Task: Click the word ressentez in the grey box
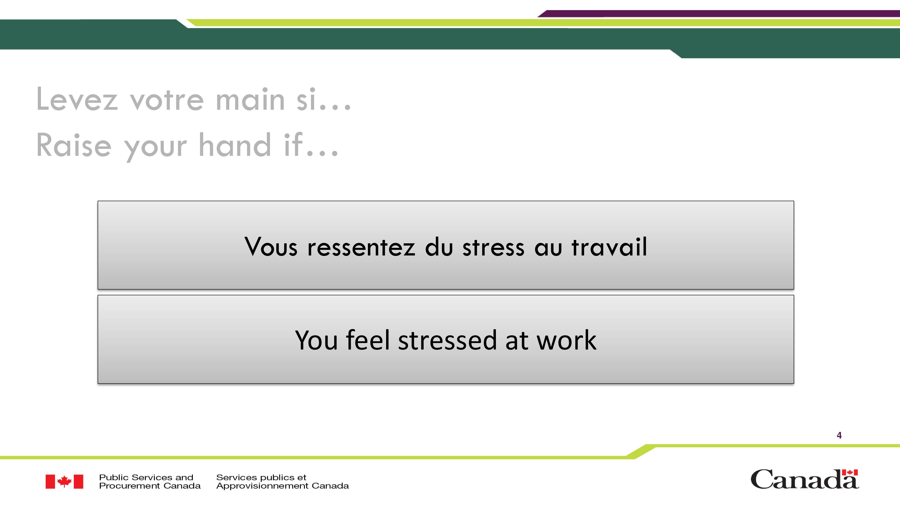coord(361,247)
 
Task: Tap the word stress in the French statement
coord(493,247)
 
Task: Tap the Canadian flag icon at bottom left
coord(64,481)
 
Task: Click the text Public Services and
coord(146,477)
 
